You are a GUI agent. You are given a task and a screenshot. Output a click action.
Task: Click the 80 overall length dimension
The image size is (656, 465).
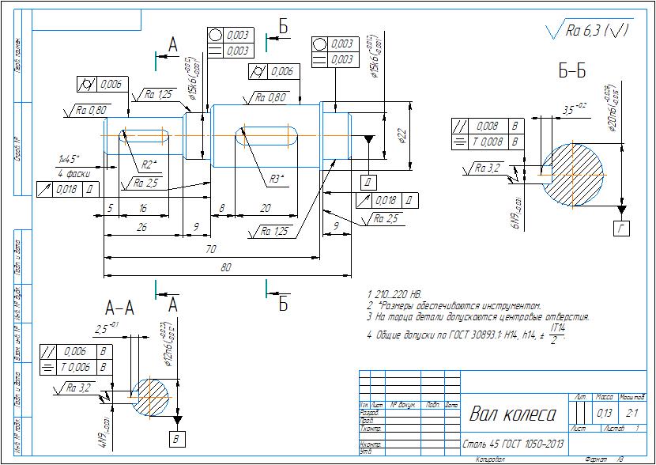click(x=225, y=268)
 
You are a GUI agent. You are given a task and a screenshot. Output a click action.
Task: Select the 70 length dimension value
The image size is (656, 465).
click(x=210, y=249)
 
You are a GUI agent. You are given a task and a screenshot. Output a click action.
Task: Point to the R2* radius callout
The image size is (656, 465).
click(x=150, y=164)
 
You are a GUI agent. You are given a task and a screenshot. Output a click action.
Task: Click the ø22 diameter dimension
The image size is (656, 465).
click(x=402, y=136)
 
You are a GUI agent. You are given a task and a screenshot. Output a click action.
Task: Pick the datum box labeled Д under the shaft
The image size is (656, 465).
click(x=368, y=182)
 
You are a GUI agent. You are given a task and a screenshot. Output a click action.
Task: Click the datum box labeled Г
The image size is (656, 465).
click(x=622, y=229)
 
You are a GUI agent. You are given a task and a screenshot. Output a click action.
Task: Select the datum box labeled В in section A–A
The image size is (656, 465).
click(x=176, y=437)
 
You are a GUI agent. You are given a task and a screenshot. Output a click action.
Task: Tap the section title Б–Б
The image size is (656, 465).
click(x=571, y=72)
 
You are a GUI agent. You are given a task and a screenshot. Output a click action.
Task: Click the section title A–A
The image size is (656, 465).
click(x=119, y=307)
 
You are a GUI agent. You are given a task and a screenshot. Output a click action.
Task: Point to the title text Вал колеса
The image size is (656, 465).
click(x=513, y=414)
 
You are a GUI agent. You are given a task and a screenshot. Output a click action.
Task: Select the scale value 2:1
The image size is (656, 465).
click(x=631, y=413)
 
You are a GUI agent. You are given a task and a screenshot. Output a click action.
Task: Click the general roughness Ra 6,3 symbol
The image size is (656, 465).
click(x=588, y=31)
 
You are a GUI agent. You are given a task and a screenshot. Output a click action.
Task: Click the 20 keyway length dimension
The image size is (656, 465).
click(x=265, y=209)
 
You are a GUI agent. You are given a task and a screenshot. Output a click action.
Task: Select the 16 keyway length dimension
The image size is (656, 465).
click(x=143, y=209)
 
